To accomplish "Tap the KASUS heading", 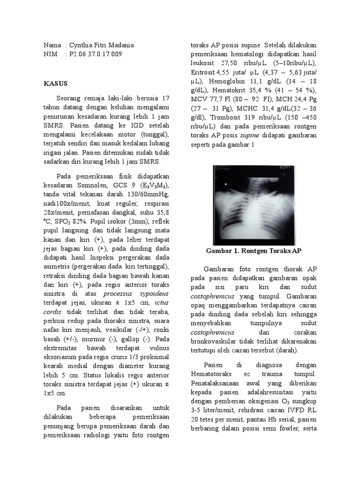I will coord(56,83).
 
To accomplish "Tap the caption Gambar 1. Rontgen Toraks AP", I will coord(254,251).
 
